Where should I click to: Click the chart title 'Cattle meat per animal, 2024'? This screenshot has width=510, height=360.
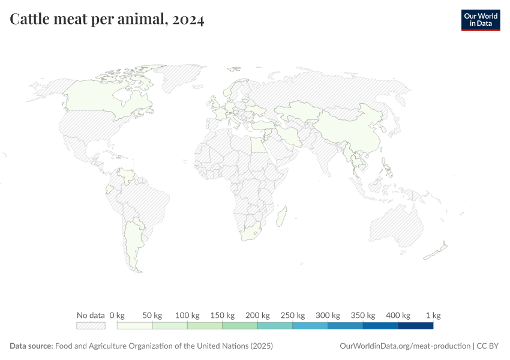point(107,20)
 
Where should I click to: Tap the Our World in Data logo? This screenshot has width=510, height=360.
point(480,20)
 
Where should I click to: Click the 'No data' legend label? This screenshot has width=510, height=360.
point(91,315)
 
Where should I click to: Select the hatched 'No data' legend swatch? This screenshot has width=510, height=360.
point(91,326)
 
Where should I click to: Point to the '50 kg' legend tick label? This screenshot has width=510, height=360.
point(152,315)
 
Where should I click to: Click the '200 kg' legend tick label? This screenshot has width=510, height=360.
point(257,315)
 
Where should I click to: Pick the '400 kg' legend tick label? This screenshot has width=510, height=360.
point(398,315)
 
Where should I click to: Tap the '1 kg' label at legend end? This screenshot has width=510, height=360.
point(433,315)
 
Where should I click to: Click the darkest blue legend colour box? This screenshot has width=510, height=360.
point(415,326)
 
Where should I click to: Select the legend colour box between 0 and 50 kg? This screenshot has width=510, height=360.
point(135,326)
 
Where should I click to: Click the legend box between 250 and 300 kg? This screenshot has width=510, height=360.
point(310,326)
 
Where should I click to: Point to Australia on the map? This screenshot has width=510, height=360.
point(396,225)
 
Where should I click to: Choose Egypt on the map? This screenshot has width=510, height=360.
point(257,145)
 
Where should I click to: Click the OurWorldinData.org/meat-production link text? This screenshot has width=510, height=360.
point(405,346)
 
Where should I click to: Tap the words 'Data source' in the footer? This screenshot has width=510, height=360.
point(31,346)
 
